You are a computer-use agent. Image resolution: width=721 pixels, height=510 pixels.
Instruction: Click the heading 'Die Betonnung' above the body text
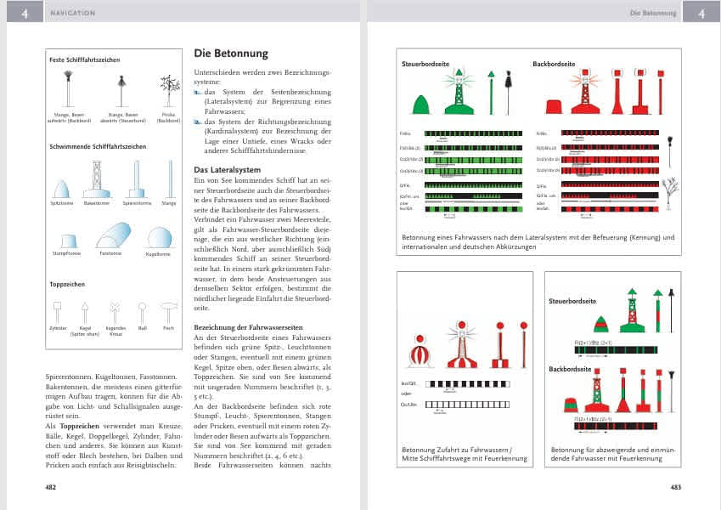point(231,54)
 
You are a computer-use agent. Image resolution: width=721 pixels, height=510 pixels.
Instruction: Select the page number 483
point(676,487)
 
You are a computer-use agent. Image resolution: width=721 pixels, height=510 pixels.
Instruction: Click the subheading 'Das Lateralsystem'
point(228,170)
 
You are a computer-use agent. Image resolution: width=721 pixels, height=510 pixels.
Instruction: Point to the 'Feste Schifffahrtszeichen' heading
point(84,60)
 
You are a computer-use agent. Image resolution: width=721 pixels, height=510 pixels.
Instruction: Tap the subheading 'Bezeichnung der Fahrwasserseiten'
point(244,326)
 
